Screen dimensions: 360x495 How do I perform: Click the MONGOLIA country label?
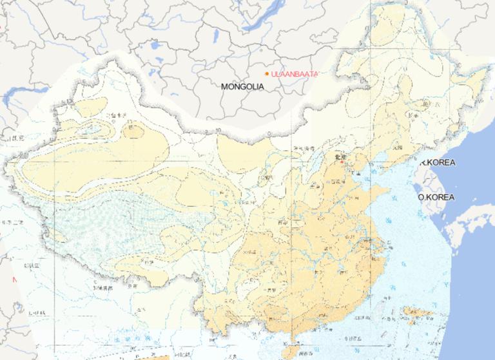[242, 86]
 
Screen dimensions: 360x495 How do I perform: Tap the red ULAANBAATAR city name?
[295, 74]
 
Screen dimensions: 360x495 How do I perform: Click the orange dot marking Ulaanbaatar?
[267, 74]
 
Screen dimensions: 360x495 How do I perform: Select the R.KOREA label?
[438, 162]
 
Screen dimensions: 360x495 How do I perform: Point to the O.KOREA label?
[436, 196]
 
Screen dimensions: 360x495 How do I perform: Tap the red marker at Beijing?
[342, 162]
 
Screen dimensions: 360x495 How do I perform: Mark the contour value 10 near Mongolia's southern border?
[218, 131]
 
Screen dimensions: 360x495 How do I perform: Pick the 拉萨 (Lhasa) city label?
[149, 262]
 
